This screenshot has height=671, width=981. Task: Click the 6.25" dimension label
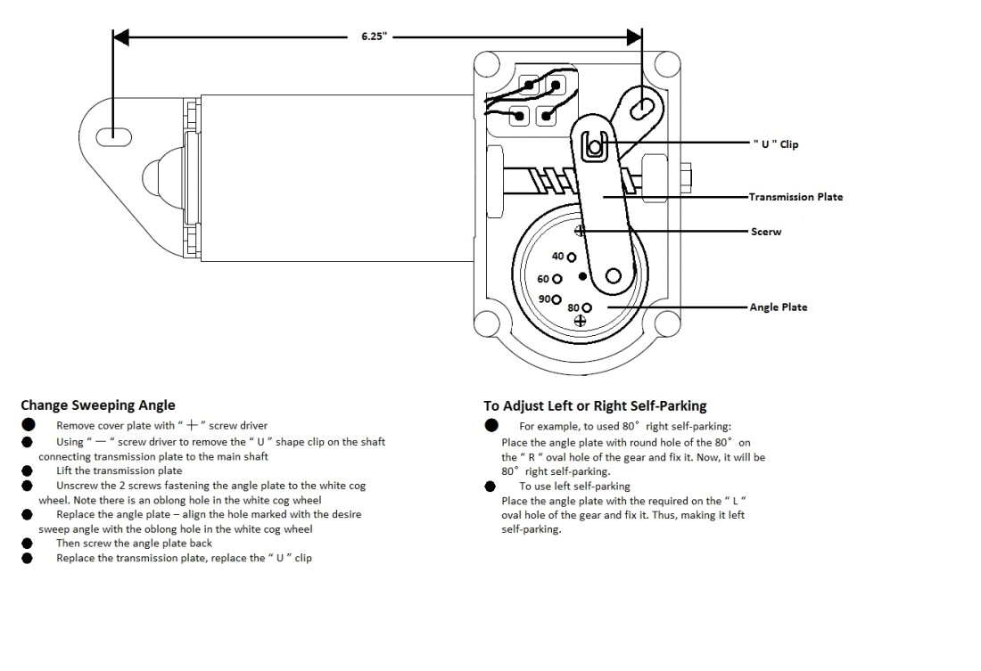pos(374,38)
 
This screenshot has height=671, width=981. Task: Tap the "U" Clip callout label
pos(776,144)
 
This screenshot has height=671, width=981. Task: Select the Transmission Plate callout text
pos(796,197)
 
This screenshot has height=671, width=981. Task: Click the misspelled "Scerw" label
pos(765,231)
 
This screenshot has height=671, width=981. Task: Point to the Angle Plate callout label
pos(778,307)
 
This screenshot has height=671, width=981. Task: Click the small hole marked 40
pos(572,257)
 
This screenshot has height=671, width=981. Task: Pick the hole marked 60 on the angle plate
pos(556,279)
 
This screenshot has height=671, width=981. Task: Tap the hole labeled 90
pos(556,299)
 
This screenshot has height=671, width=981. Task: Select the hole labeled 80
pos(587,307)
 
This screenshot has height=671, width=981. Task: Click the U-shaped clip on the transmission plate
pos(595,145)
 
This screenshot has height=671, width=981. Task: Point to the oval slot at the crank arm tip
pos(641,106)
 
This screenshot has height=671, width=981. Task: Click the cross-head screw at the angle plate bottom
pos(580,321)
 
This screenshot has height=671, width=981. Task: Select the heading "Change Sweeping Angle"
pos(98,405)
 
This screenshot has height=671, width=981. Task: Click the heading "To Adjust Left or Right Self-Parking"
pos(595,406)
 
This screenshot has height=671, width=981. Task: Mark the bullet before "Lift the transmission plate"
pos(28,471)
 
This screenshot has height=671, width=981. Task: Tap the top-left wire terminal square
pos(531,86)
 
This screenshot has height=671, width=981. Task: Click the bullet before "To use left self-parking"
pos(490,487)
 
